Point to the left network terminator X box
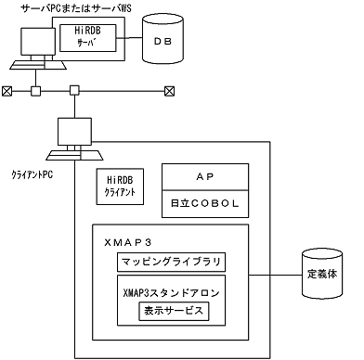click(x=7, y=91)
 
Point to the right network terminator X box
click(x=169, y=91)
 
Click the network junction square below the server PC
click(x=35, y=91)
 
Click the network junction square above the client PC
click(x=72, y=91)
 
